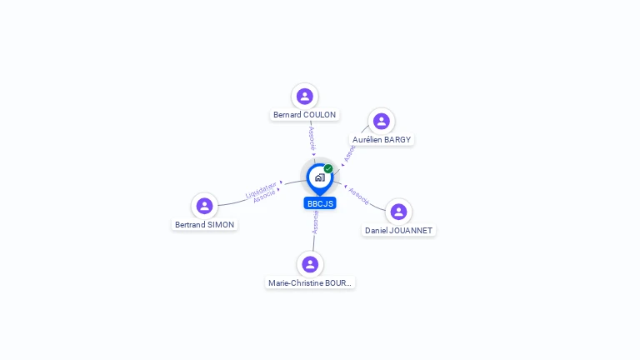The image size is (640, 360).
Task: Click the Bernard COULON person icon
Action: point(305,96)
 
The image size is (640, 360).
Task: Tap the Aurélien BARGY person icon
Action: point(382,122)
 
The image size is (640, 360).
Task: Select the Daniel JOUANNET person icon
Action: point(398,212)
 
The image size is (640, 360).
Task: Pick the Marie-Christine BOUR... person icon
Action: point(310,264)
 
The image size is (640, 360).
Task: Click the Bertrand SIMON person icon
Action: point(204,206)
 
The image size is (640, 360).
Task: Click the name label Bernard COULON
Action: point(305,115)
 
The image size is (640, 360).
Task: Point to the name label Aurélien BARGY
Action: point(382,140)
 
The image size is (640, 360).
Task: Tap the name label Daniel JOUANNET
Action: point(399,230)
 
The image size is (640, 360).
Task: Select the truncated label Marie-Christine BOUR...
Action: point(310,283)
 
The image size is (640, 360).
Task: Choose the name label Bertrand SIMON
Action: point(204,225)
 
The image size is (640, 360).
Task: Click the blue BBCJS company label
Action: point(320,203)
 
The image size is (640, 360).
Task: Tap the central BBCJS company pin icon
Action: point(319,177)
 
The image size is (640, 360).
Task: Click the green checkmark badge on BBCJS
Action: point(328,168)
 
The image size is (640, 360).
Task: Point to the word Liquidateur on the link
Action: point(261,191)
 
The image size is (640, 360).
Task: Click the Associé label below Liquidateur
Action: point(264,197)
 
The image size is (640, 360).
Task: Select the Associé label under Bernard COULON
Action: point(312,138)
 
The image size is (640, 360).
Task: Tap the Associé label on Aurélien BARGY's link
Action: point(349,152)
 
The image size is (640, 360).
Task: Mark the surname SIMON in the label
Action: point(221,225)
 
